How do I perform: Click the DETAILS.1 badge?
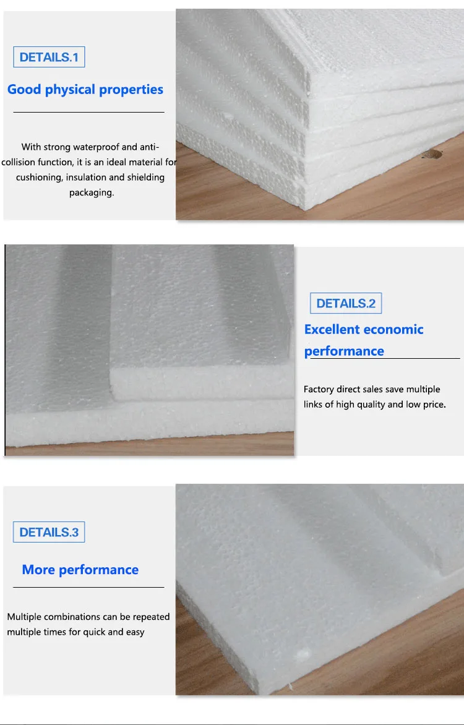pos(49,58)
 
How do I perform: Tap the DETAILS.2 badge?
pos(346,303)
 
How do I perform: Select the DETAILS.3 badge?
pos(49,532)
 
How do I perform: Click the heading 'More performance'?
pos(80,570)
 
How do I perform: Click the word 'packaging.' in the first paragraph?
pos(92,192)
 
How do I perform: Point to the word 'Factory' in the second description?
pos(319,390)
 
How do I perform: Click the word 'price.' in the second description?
pos(433,405)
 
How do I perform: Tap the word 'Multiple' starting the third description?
pos(23,617)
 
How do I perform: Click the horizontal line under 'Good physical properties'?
pos(88,112)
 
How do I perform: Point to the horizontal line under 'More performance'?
pos(88,586)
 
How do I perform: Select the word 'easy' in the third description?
pos(135,632)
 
